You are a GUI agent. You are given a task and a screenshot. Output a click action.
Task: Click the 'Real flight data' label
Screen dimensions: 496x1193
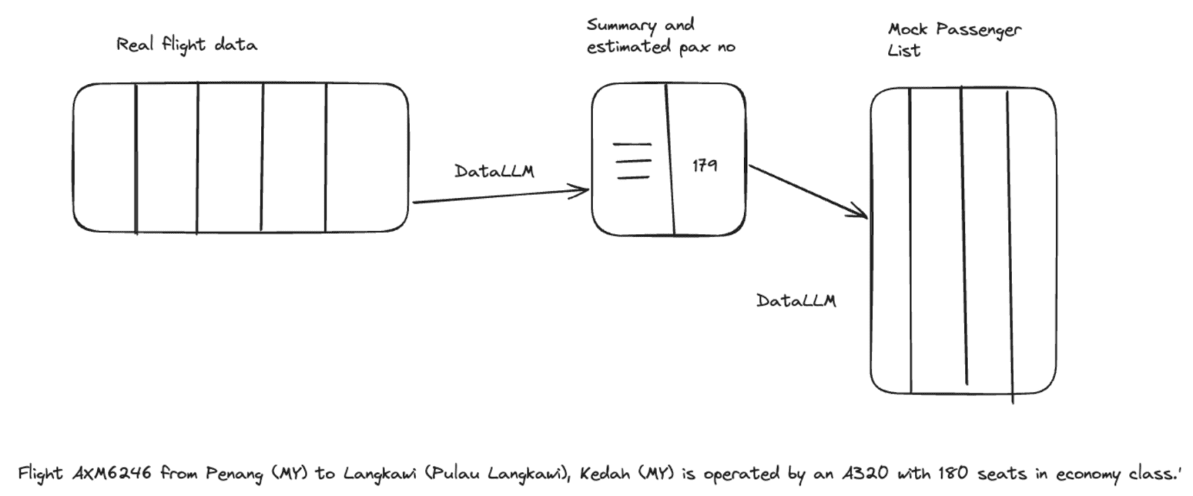tap(186, 45)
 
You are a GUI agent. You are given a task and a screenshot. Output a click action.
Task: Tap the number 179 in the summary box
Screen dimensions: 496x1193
tap(704, 165)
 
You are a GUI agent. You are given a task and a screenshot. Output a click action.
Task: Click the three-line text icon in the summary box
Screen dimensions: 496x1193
tap(632, 161)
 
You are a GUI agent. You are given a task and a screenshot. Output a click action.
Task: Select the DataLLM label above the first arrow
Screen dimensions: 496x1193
tap(494, 171)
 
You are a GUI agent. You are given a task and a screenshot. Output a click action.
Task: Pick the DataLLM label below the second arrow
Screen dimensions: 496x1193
tap(796, 301)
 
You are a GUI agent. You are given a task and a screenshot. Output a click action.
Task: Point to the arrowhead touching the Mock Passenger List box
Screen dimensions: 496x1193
tap(861, 214)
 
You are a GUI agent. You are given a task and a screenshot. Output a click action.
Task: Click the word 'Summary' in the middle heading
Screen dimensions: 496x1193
tap(621, 25)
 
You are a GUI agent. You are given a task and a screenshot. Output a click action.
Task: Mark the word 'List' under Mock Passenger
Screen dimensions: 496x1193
tap(904, 51)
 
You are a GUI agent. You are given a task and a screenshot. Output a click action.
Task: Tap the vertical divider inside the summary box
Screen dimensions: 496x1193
tap(670, 159)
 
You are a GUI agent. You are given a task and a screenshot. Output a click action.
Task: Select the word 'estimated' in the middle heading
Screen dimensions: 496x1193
tap(629, 47)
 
